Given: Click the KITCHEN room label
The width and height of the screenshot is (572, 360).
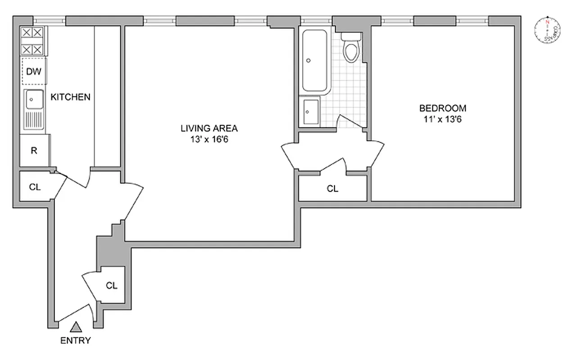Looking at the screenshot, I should pyautogui.click(x=70, y=97).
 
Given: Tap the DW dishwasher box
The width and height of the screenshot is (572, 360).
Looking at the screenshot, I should pyautogui.click(x=34, y=71).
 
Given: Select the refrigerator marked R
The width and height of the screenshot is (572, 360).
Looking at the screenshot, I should pyautogui.click(x=34, y=150).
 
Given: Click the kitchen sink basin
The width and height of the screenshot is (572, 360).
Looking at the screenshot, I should pyautogui.click(x=34, y=100).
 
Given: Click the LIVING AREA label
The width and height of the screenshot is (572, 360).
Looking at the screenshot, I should pyautogui.click(x=209, y=128).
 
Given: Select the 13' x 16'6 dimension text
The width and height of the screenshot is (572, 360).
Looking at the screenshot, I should pyautogui.click(x=209, y=139).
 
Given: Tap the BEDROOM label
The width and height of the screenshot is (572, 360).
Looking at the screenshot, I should pyautogui.click(x=443, y=108).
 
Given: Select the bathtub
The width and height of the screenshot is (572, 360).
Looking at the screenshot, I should pyautogui.click(x=315, y=60).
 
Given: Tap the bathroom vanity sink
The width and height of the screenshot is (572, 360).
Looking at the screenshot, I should pyautogui.click(x=311, y=111).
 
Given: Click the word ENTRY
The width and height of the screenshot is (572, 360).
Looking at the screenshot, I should pyautogui.click(x=76, y=341).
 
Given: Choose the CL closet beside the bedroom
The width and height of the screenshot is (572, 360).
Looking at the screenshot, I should pyautogui.click(x=332, y=189).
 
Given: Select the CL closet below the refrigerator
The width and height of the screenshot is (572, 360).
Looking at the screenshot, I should pyautogui.click(x=35, y=187).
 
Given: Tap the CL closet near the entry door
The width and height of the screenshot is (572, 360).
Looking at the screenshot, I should pyautogui.click(x=112, y=285).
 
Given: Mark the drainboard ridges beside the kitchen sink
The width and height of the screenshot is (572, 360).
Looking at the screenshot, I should pyautogui.click(x=34, y=120).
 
